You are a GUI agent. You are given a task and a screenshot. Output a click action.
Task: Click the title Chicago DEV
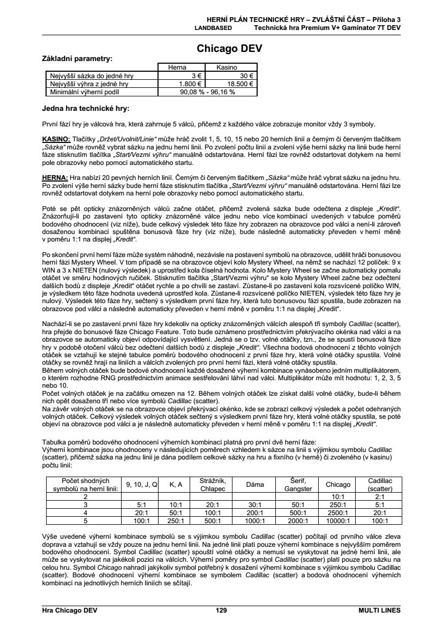click(x=229, y=49)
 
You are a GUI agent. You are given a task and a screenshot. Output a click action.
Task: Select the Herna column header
click(x=177, y=68)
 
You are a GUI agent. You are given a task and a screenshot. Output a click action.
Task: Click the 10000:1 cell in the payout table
click(x=337, y=520)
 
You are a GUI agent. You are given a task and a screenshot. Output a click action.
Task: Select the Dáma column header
click(x=254, y=485)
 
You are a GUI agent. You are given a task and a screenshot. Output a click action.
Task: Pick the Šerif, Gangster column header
click(x=298, y=485)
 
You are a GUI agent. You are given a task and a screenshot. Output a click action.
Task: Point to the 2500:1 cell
click(x=337, y=512)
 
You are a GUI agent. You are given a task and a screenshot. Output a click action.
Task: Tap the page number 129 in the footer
click(x=221, y=610)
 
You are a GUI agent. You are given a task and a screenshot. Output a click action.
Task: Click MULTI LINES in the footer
click(x=379, y=610)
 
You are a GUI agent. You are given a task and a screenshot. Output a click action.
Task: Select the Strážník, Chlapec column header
click(x=213, y=485)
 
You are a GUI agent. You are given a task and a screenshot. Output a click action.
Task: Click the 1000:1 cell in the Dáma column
click(x=254, y=520)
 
